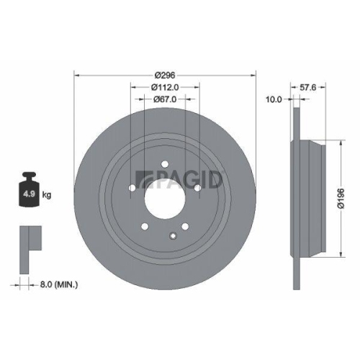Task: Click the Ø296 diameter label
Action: pos(166,73)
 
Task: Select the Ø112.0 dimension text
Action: pos(166,87)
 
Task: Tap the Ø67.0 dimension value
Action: pos(166,100)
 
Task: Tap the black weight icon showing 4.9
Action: pos(29,190)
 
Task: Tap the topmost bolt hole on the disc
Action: pos(165,163)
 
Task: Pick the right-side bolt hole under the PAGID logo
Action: pos(197,188)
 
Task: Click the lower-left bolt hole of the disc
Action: pos(145,227)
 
